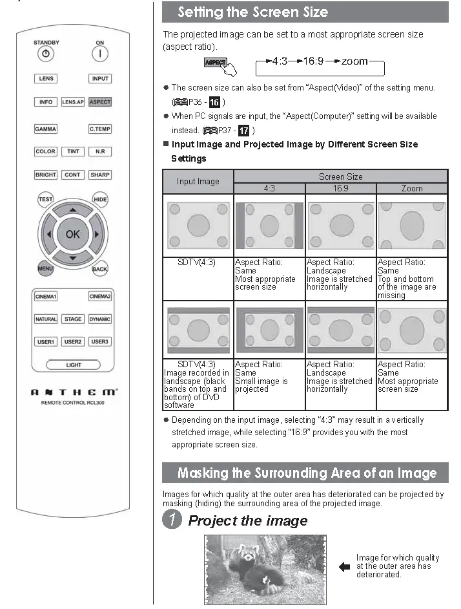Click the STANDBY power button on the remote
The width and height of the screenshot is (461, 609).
click(46, 54)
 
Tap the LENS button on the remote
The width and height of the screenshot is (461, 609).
click(46, 79)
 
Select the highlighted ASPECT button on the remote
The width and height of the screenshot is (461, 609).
click(100, 102)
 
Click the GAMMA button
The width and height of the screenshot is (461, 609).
click(46, 129)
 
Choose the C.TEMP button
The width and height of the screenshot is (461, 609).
click(100, 129)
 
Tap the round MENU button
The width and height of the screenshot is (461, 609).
click(45, 268)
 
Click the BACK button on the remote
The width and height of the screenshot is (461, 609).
click(99, 268)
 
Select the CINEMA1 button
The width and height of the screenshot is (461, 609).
click(46, 297)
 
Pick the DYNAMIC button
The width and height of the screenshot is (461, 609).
click(100, 319)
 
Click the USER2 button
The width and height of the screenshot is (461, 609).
click(73, 342)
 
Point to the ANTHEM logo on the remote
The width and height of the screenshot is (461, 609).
click(73, 392)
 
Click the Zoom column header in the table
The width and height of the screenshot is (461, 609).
click(411, 189)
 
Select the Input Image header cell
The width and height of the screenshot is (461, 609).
click(198, 182)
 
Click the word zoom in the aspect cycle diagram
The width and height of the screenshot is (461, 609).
click(354, 61)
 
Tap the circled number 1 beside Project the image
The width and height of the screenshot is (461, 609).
click(172, 520)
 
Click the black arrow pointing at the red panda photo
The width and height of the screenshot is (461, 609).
click(344, 567)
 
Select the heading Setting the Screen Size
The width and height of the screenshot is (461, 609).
click(253, 12)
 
